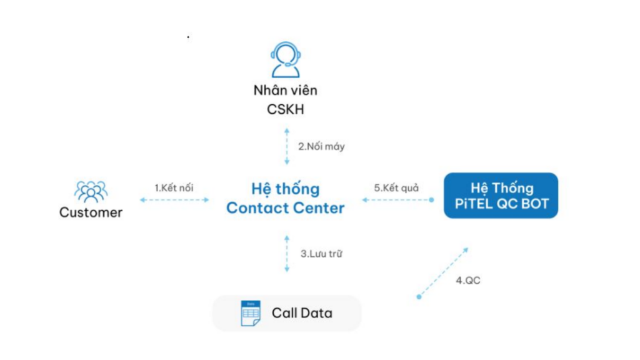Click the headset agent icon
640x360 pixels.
pyautogui.click(x=286, y=59)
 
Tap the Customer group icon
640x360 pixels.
pyautogui.click(x=91, y=192)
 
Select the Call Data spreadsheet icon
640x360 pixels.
pyautogui.click(x=251, y=313)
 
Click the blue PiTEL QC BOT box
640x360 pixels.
pyautogui.click(x=501, y=196)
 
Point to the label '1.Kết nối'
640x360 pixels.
pyautogui.click(x=174, y=188)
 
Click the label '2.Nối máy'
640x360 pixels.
pyautogui.click(x=321, y=146)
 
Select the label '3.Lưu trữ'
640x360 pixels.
pyautogui.click(x=322, y=254)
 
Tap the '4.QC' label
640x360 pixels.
pyautogui.click(x=468, y=281)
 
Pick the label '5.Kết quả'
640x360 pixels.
pyautogui.click(x=396, y=188)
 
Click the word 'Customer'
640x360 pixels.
pyautogui.click(x=91, y=212)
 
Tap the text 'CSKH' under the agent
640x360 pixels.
pyautogui.click(x=286, y=109)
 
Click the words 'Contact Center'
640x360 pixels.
pyautogui.click(x=285, y=208)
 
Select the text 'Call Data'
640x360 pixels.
pyautogui.click(x=302, y=313)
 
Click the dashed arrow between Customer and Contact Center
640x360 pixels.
pyautogui.click(x=174, y=200)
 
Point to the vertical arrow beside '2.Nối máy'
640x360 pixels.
pyautogui.click(x=287, y=146)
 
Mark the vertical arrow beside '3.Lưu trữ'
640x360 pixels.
pyautogui.click(x=287, y=254)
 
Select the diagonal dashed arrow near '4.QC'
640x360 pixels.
pyautogui.click(x=443, y=272)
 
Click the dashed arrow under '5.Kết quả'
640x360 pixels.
pyautogui.click(x=398, y=200)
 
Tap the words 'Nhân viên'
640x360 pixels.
pyautogui.click(x=285, y=90)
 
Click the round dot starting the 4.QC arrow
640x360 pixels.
pyautogui.click(x=419, y=297)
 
